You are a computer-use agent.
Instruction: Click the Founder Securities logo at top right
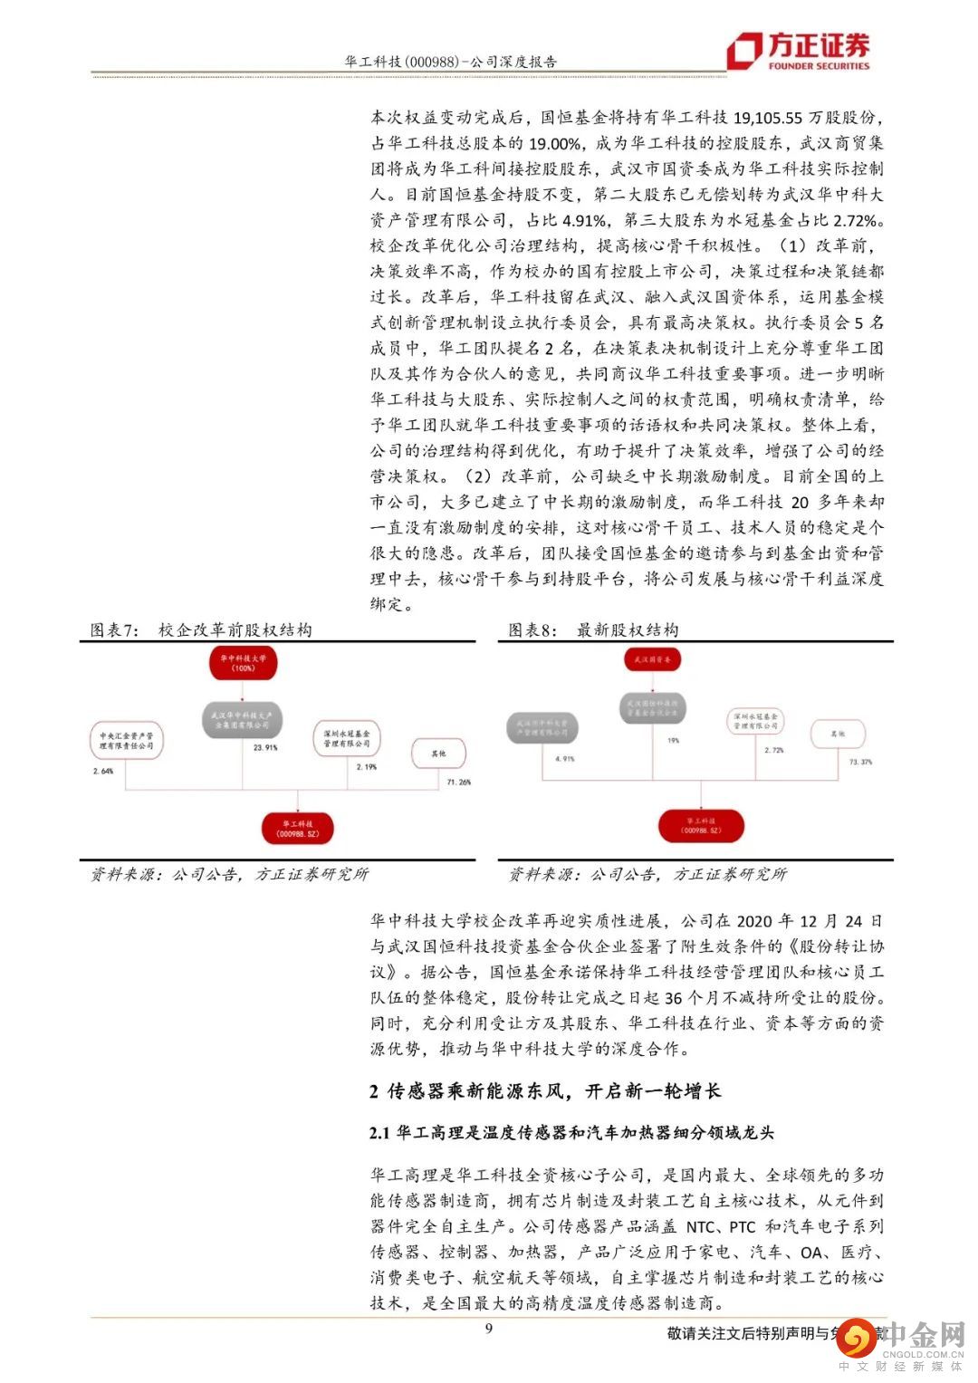click(801, 51)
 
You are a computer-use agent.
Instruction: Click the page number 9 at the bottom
click(489, 1329)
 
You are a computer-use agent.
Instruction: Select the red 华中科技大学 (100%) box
click(243, 663)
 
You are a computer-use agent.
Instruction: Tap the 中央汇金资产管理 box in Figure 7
click(127, 741)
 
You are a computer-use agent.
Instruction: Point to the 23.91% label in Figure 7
click(265, 748)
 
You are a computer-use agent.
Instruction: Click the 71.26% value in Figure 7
click(458, 782)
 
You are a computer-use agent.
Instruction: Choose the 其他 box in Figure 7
click(439, 753)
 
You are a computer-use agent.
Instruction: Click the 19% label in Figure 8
click(673, 740)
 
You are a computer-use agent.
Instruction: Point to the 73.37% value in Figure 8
click(860, 762)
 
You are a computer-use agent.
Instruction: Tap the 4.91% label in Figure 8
click(563, 759)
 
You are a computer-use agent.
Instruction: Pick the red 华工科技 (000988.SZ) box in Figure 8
click(702, 825)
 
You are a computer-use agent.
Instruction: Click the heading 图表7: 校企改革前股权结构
click(201, 630)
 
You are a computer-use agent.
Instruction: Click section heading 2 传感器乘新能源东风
click(545, 1091)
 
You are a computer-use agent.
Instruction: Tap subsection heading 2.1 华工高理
click(571, 1133)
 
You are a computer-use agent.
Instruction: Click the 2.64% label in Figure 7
click(103, 771)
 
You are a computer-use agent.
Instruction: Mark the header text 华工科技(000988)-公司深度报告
click(451, 62)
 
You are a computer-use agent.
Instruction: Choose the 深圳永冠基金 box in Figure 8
click(756, 721)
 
